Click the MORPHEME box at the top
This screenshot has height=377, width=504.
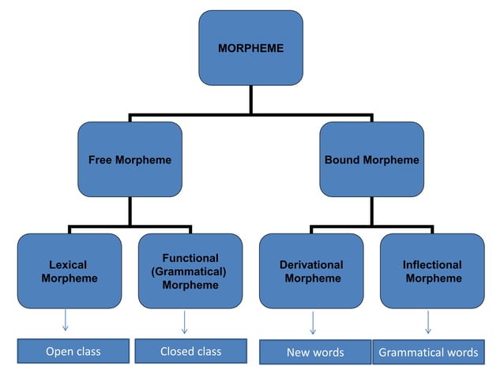pyautogui.click(x=250, y=48)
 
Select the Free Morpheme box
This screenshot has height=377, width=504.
pyautogui.click(x=130, y=159)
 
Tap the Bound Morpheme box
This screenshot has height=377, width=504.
pyautogui.click(x=371, y=159)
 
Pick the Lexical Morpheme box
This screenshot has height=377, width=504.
pyautogui.click(x=70, y=271)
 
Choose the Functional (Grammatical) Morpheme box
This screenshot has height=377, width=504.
pyautogui.click(x=190, y=271)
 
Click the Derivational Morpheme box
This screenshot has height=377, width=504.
pyautogui.click(x=311, y=271)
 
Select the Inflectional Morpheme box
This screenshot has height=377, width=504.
pyautogui.click(x=432, y=271)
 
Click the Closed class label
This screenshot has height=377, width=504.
pyautogui.click(x=190, y=352)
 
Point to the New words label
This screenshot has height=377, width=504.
pyautogui.click(x=314, y=353)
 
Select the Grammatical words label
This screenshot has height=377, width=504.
pyautogui.click(x=428, y=353)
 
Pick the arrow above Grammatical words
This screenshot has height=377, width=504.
pyautogui.click(x=428, y=322)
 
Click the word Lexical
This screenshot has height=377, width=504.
pyautogui.click(x=68, y=264)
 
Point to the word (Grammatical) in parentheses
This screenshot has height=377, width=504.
pyautogui.click(x=190, y=271)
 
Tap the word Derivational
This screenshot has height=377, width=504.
pyautogui.click(x=311, y=264)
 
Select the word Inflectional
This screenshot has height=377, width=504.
pyautogui.click(x=432, y=264)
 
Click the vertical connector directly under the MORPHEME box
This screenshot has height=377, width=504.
pyautogui.click(x=251, y=99)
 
